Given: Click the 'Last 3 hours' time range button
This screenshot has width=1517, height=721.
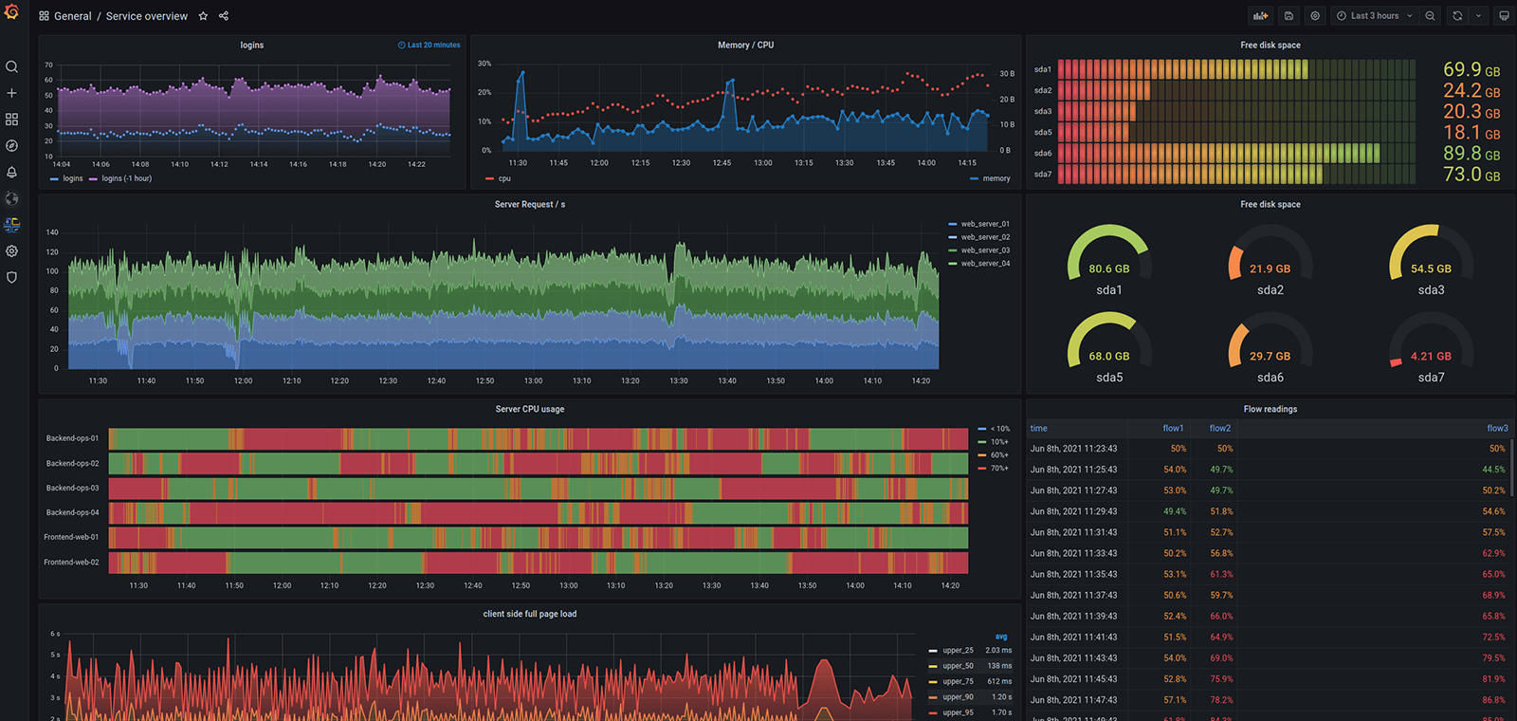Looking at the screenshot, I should pyautogui.click(x=1374, y=16).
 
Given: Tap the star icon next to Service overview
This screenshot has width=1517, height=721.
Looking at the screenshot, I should pyautogui.click(x=203, y=16).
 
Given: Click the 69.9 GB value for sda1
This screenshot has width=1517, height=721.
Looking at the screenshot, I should pyautogui.click(x=1471, y=70).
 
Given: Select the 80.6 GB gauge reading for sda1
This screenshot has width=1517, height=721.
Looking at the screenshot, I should pyautogui.click(x=1108, y=269).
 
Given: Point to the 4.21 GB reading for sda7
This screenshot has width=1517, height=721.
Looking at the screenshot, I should pyautogui.click(x=1430, y=357).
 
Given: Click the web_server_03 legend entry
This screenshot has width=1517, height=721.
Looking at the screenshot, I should pyautogui.click(x=985, y=250).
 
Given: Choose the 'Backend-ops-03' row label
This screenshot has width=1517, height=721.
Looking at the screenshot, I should pyautogui.click(x=72, y=488).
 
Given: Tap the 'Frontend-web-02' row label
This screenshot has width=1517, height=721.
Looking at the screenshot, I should pyautogui.click(x=71, y=562).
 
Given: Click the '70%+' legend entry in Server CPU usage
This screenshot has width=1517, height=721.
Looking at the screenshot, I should pyautogui.click(x=999, y=469).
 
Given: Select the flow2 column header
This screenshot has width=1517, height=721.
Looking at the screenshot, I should pyautogui.click(x=1219, y=429).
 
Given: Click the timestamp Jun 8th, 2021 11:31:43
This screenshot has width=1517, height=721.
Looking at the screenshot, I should pyautogui.click(x=1073, y=532).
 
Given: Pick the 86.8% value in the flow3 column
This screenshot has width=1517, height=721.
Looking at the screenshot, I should pyautogui.click(x=1493, y=700).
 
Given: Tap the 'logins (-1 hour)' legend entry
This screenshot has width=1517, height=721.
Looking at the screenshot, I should pyautogui.click(x=126, y=178).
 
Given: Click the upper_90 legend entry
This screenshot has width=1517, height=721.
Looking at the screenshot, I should pyautogui.click(x=958, y=697).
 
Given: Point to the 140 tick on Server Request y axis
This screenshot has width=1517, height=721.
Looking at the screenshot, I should pyautogui.click(x=52, y=232).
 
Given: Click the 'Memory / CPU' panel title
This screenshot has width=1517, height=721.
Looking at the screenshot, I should pyautogui.click(x=745, y=46).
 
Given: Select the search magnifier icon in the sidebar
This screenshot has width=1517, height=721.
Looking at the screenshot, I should pyautogui.click(x=11, y=67).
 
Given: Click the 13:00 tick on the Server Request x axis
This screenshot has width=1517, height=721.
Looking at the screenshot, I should pyautogui.click(x=533, y=381).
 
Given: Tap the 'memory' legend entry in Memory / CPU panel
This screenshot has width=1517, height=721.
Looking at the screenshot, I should pyautogui.click(x=996, y=178).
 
